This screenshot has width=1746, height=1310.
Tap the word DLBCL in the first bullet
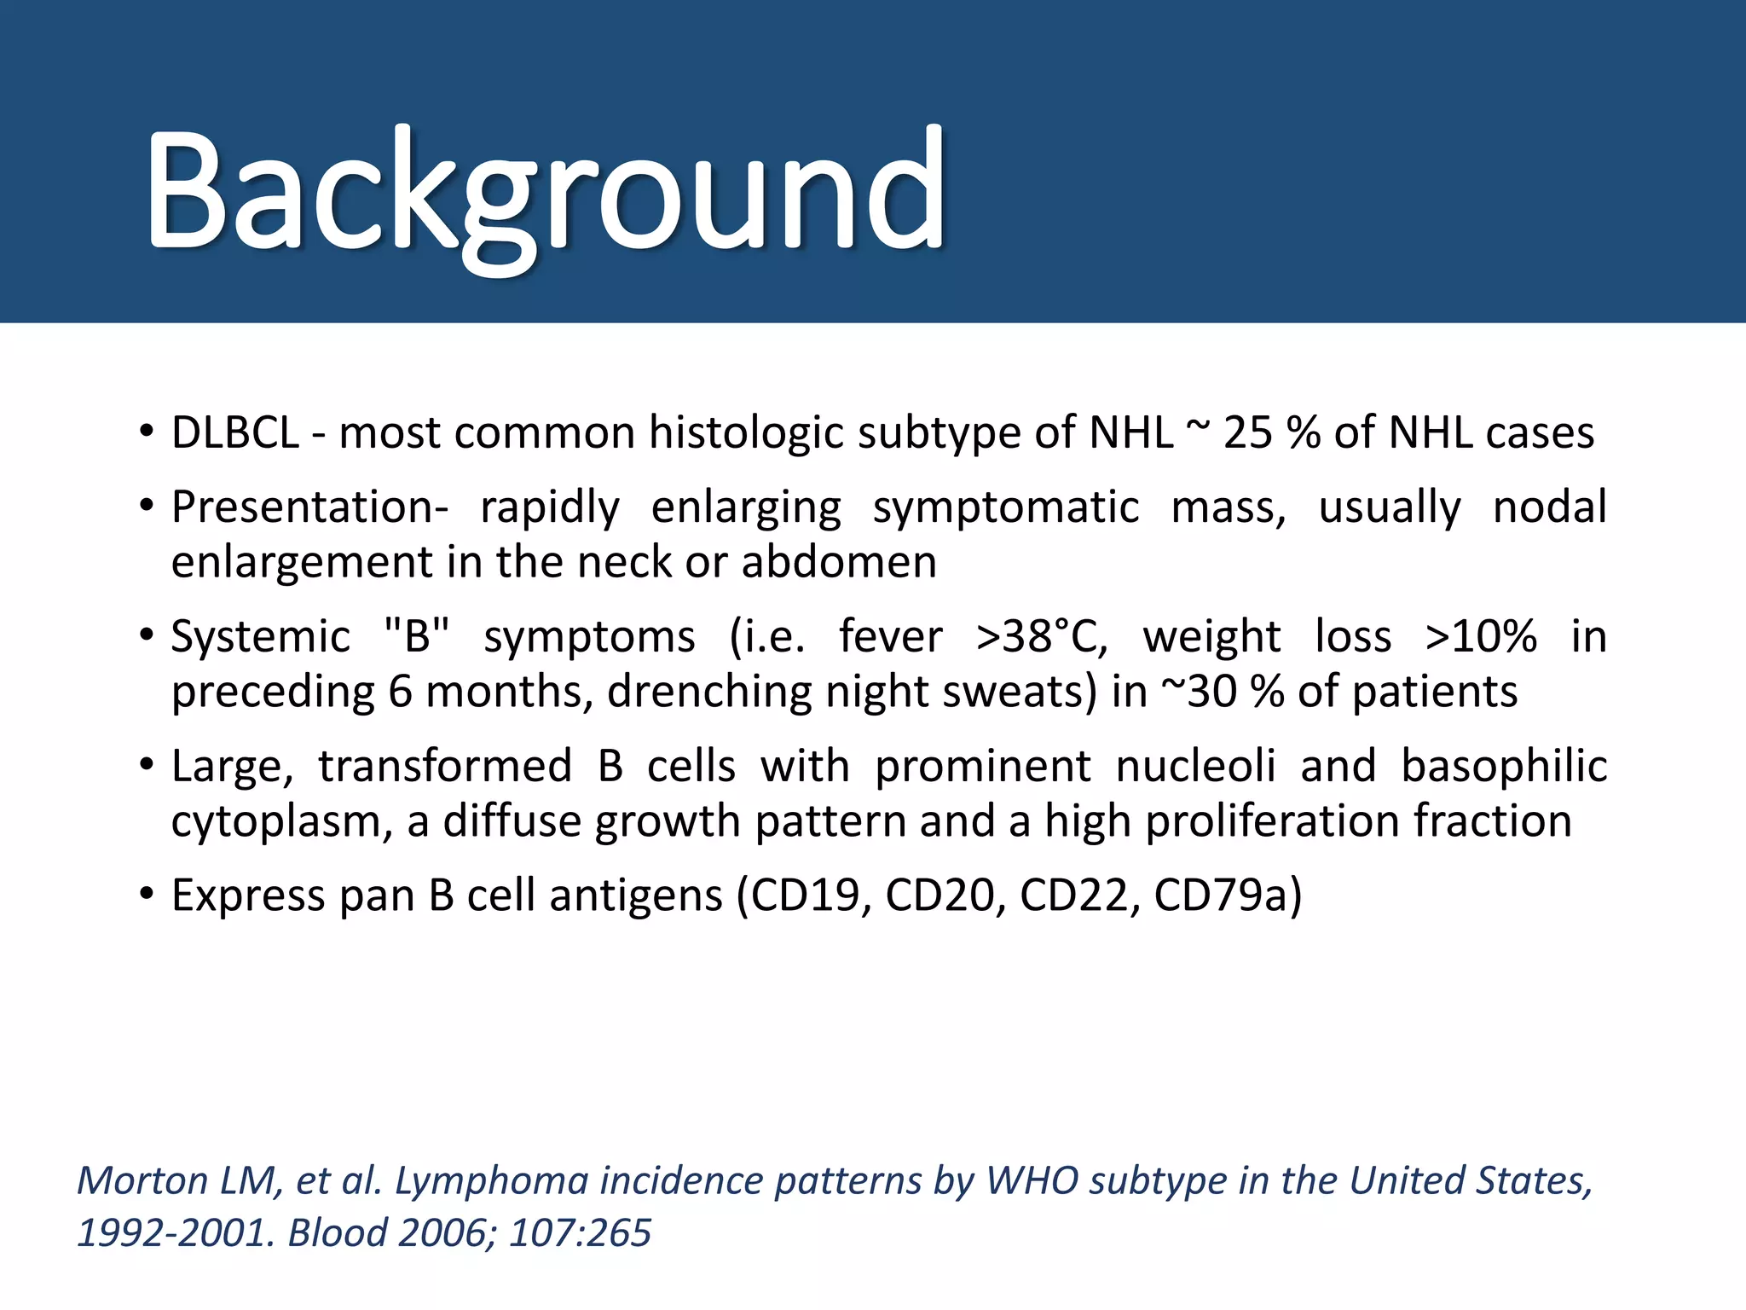[235, 432]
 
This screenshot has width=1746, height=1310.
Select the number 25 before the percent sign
[1247, 432]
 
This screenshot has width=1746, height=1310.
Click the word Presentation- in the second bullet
[309, 507]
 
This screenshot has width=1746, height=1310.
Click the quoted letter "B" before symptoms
[417, 636]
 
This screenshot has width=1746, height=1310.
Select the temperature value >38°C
[1041, 636]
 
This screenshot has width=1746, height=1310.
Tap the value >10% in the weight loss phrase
[1481, 636]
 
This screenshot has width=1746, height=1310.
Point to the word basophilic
[1504, 766]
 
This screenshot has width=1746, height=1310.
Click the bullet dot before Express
[147, 895]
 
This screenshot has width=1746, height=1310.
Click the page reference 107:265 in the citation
[580, 1234]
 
